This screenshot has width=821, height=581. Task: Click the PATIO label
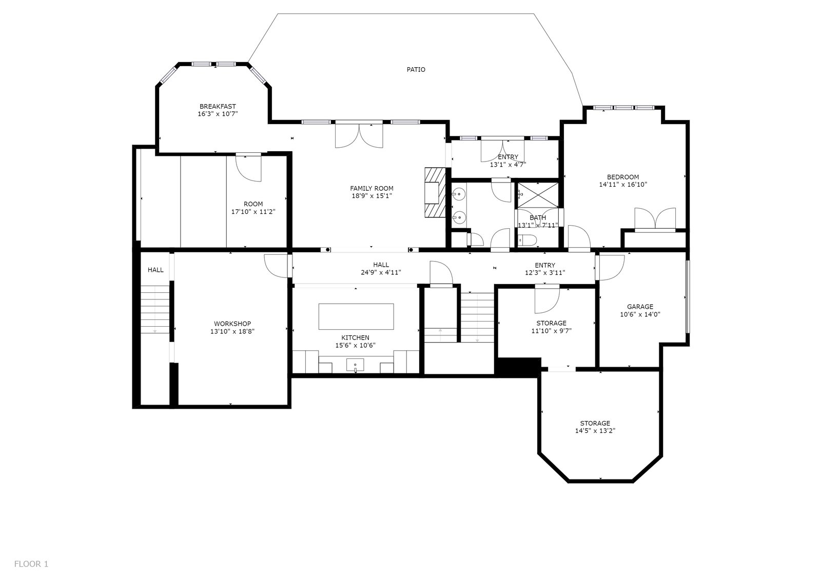click(416, 70)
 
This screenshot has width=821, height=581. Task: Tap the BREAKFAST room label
click(218, 107)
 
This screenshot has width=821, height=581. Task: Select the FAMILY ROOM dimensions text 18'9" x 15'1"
click(372, 196)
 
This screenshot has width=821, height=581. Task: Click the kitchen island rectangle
click(356, 316)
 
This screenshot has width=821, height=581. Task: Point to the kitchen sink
click(355, 365)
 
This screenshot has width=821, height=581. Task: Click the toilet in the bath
click(527, 241)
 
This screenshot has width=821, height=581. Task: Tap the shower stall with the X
click(538, 195)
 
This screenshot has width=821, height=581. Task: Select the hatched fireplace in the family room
click(435, 192)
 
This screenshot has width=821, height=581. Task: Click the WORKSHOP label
click(232, 324)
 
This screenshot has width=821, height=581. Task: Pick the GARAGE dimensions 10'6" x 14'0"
click(640, 314)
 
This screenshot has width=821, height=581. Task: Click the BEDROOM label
click(623, 177)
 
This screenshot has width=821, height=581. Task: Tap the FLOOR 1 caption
click(31, 564)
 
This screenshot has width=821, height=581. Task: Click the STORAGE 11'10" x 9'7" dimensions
click(552, 331)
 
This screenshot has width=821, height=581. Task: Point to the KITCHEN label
click(356, 338)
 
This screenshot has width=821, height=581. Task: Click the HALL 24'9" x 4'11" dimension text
click(381, 272)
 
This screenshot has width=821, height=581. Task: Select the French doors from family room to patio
click(359, 135)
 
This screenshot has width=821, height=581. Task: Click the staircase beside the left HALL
click(155, 310)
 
